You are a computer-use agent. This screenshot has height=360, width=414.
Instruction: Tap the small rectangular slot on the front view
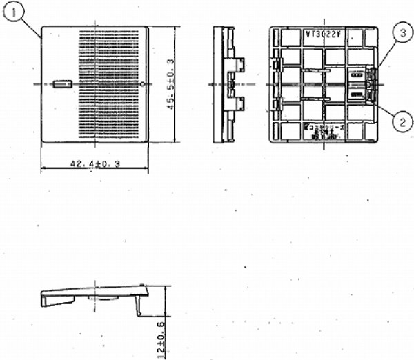61,83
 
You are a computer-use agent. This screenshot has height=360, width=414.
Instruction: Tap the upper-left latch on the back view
277,65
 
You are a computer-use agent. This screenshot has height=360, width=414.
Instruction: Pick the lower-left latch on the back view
277,104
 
